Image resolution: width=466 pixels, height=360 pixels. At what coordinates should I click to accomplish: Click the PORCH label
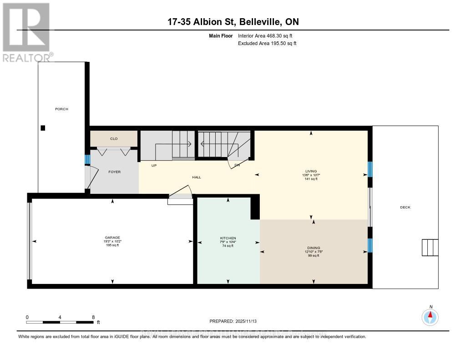(61, 109)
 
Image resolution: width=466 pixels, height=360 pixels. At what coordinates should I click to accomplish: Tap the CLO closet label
(114, 138)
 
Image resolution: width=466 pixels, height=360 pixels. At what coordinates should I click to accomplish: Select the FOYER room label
(114, 172)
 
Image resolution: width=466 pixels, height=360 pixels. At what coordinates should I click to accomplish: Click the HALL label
(197, 177)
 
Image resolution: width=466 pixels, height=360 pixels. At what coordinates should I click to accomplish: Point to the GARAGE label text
(112, 238)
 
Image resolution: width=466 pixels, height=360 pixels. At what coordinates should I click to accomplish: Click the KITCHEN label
(228, 238)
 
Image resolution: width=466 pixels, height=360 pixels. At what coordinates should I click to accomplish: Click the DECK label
(405, 208)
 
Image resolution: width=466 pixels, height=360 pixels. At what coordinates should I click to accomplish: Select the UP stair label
(154, 165)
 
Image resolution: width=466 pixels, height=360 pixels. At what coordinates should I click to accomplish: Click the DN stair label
(237, 165)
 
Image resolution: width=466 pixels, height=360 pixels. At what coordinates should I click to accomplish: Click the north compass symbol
(430, 316)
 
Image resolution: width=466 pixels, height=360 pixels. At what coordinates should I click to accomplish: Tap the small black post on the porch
(43, 128)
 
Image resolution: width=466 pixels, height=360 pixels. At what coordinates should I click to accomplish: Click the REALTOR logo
(27, 32)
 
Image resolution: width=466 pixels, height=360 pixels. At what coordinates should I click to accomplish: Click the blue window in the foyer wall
(87, 160)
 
